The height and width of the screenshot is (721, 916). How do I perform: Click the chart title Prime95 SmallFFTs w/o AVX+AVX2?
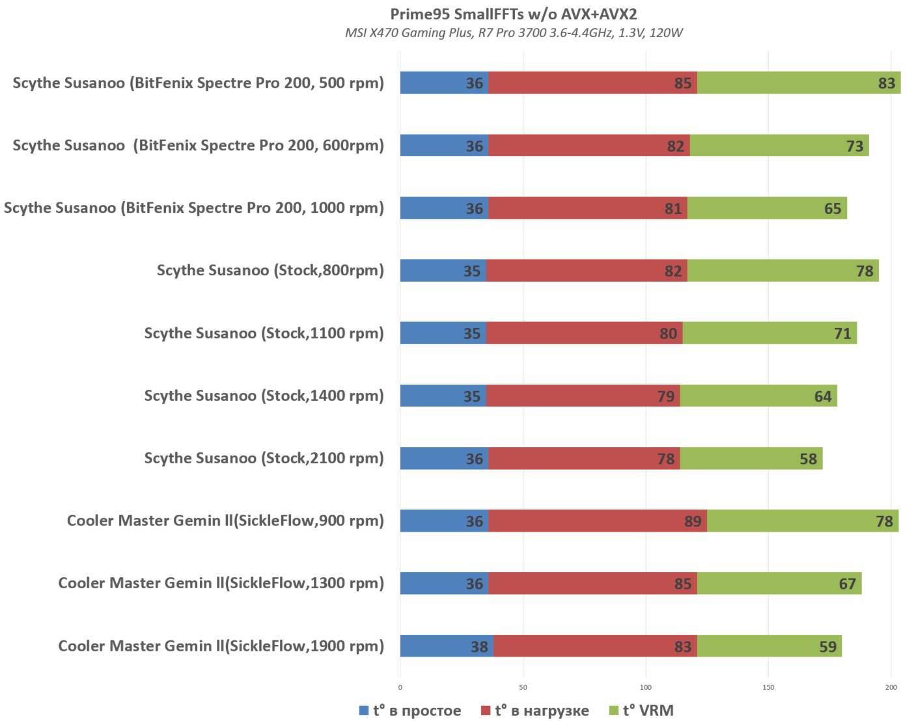coord(513,14)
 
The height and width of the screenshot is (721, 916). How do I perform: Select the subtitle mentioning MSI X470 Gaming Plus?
coord(513,33)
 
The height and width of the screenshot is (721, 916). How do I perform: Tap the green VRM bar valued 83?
coord(799,83)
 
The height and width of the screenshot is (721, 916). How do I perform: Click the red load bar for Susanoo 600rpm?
coord(589,146)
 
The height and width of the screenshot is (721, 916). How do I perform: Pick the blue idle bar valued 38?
coord(447,646)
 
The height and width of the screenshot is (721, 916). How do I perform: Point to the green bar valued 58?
coord(751,459)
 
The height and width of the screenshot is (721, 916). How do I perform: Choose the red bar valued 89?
coord(597,521)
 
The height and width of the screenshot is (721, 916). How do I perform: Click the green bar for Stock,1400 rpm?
coord(758,396)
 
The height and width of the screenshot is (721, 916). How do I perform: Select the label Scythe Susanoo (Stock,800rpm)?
coord(270,271)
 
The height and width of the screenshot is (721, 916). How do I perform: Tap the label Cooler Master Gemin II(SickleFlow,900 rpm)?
coord(225,521)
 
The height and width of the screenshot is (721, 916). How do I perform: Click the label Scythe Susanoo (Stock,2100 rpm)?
coord(264,458)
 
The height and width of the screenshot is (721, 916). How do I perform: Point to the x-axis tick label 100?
coord(646,687)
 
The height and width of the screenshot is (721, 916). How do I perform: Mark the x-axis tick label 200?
coord(891,687)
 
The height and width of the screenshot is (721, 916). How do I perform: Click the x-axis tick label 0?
coord(400,687)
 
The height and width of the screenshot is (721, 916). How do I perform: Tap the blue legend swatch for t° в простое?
coord(364,711)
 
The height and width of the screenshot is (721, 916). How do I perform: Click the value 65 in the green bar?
coord(833,209)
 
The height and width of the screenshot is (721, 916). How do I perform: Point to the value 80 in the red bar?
coord(668,334)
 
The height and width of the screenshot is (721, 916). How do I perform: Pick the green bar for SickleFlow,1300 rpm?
coord(779,584)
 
